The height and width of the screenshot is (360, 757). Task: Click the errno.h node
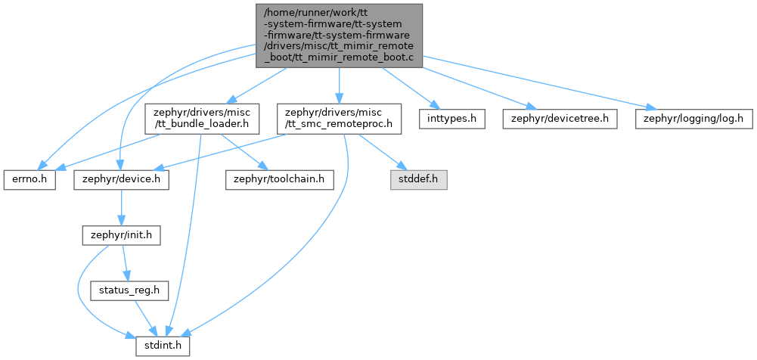coord(29,180)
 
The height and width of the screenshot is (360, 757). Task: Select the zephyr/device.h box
coord(121,180)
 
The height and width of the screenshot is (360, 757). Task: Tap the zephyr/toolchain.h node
coord(280,180)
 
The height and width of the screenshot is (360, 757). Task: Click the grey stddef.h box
coord(418,180)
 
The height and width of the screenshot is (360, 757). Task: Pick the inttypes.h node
coord(451,119)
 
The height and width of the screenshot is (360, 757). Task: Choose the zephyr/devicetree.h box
coord(560,119)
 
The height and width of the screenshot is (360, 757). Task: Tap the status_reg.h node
coord(129,291)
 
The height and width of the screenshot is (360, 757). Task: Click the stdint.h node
coord(162,346)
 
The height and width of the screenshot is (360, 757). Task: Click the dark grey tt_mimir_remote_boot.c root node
coord(340,36)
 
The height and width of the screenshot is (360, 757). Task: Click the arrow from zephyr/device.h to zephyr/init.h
coord(121,207)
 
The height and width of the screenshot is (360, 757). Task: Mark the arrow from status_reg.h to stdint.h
coord(145,318)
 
